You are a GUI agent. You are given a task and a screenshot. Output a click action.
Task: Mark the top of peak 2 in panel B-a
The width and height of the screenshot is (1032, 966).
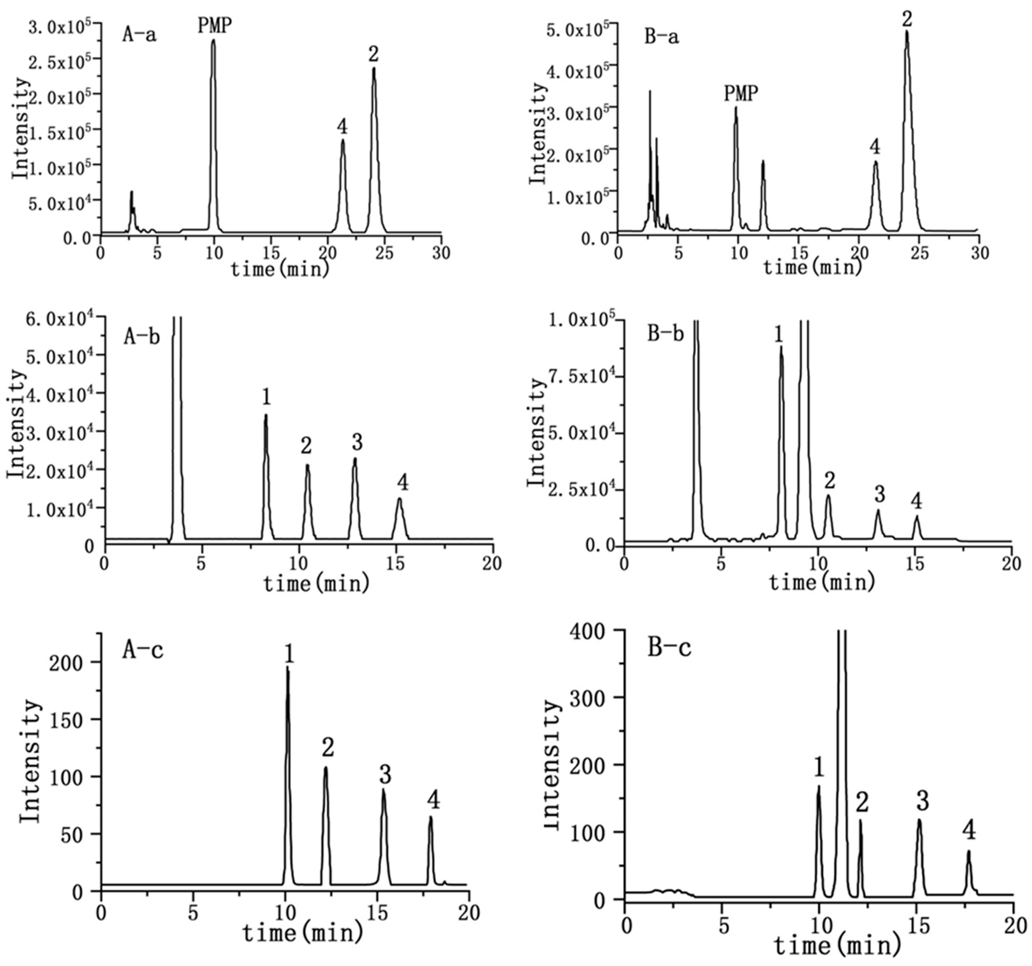click(907, 31)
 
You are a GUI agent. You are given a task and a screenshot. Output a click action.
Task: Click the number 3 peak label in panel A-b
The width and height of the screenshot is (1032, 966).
click(357, 442)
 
